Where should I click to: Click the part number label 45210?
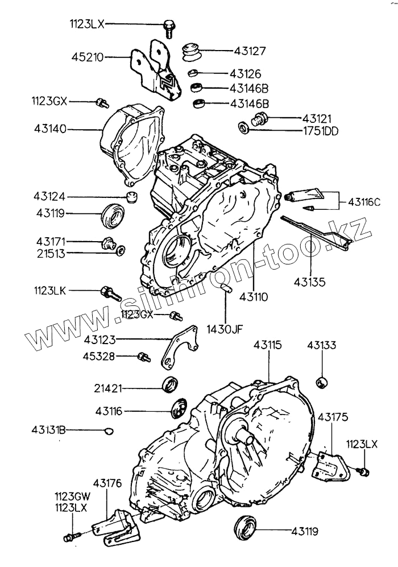(86, 57)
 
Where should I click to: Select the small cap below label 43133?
(322, 380)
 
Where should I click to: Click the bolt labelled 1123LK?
(109, 292)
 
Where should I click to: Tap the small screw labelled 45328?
(143, 357)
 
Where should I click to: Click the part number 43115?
(267, 345)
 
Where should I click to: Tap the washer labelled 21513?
(121, 250)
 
